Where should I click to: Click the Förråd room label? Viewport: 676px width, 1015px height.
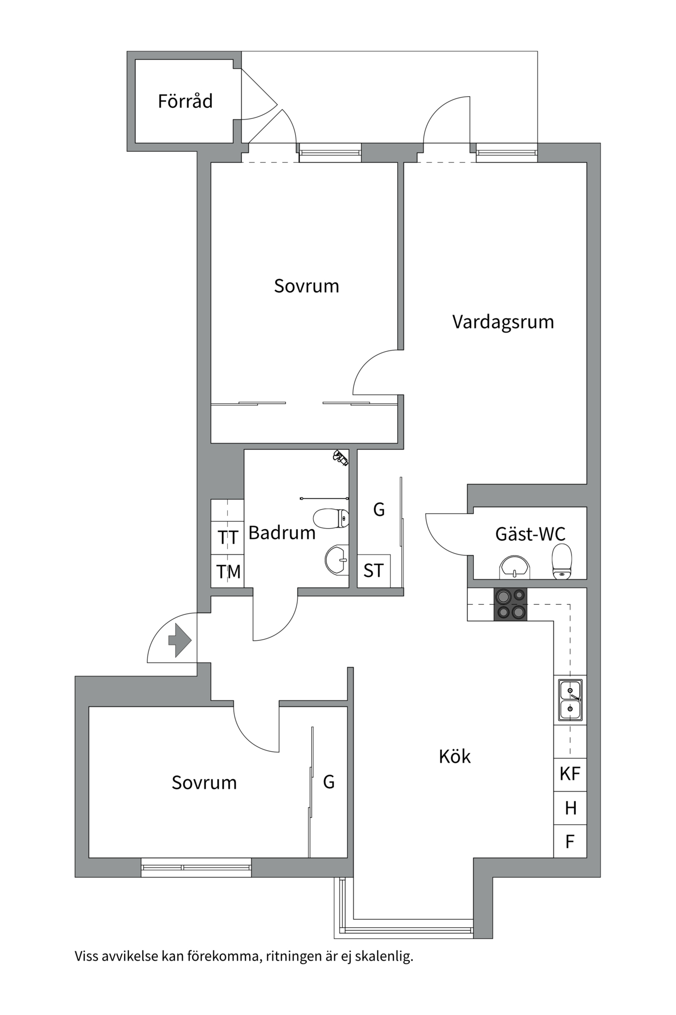coord(185,101)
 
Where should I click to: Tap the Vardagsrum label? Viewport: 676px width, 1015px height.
coord(503,321)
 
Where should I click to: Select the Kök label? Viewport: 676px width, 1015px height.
coord(454,756)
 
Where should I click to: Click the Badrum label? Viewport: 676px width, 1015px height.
coord(281,532)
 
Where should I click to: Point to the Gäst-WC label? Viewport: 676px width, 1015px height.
coord(530,534)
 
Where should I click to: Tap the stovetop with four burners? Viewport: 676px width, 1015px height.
coord(510,604)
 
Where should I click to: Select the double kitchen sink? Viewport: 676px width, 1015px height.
coord(570,699)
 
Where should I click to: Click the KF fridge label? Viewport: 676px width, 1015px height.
coord(570,774)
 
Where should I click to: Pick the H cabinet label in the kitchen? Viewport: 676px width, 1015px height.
coord(570,808)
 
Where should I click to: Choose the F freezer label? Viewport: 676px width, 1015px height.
coord(570,842)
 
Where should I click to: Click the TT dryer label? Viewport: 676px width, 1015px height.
coord(228,538)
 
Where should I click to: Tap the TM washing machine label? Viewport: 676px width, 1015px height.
coord(228,571)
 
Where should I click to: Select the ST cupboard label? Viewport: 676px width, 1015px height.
coord(373,571)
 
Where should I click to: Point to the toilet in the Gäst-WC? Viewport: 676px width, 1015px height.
coord(561,561)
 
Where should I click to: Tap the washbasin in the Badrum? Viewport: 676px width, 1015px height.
coord(337,559)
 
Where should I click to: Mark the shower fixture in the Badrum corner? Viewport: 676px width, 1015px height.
coord(340,458)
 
